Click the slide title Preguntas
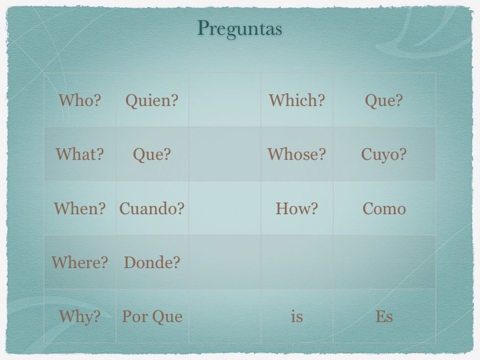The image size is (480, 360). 240,29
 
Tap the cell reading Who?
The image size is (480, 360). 79,100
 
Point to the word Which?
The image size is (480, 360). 297,100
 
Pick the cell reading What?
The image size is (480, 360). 79,154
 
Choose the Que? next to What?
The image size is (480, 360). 152,155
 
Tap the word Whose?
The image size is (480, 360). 297,154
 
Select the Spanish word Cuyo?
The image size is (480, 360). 384,155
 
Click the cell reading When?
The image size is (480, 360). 79,209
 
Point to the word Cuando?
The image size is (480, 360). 152,209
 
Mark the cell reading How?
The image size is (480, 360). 297,209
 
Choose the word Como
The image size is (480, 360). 384,209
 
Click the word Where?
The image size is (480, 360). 79,263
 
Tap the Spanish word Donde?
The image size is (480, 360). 152,263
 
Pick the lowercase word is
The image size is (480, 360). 297,316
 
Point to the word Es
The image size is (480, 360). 384,316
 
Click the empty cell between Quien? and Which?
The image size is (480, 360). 225,100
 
